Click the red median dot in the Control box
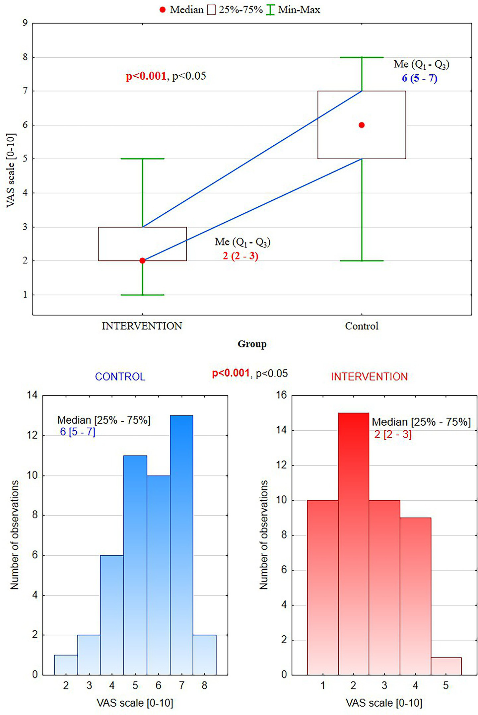[362, 125]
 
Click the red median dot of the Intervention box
[142, 260]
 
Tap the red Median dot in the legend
[163, 10]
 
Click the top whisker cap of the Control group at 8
[362, 57]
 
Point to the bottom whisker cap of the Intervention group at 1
[142, 295]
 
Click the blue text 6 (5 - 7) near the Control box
[420, 78]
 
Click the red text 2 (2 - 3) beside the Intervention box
[240, 256]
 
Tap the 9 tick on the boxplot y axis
[25, 23]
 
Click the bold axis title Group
[252, 344]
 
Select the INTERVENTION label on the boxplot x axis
[142, 326]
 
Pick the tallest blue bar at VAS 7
[181, 544]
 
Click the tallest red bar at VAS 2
[353, 544]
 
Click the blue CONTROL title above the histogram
[120, 377]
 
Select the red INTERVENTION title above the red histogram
[369, 377]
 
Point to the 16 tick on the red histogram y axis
[281, 395]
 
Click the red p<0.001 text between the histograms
[231, 373]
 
